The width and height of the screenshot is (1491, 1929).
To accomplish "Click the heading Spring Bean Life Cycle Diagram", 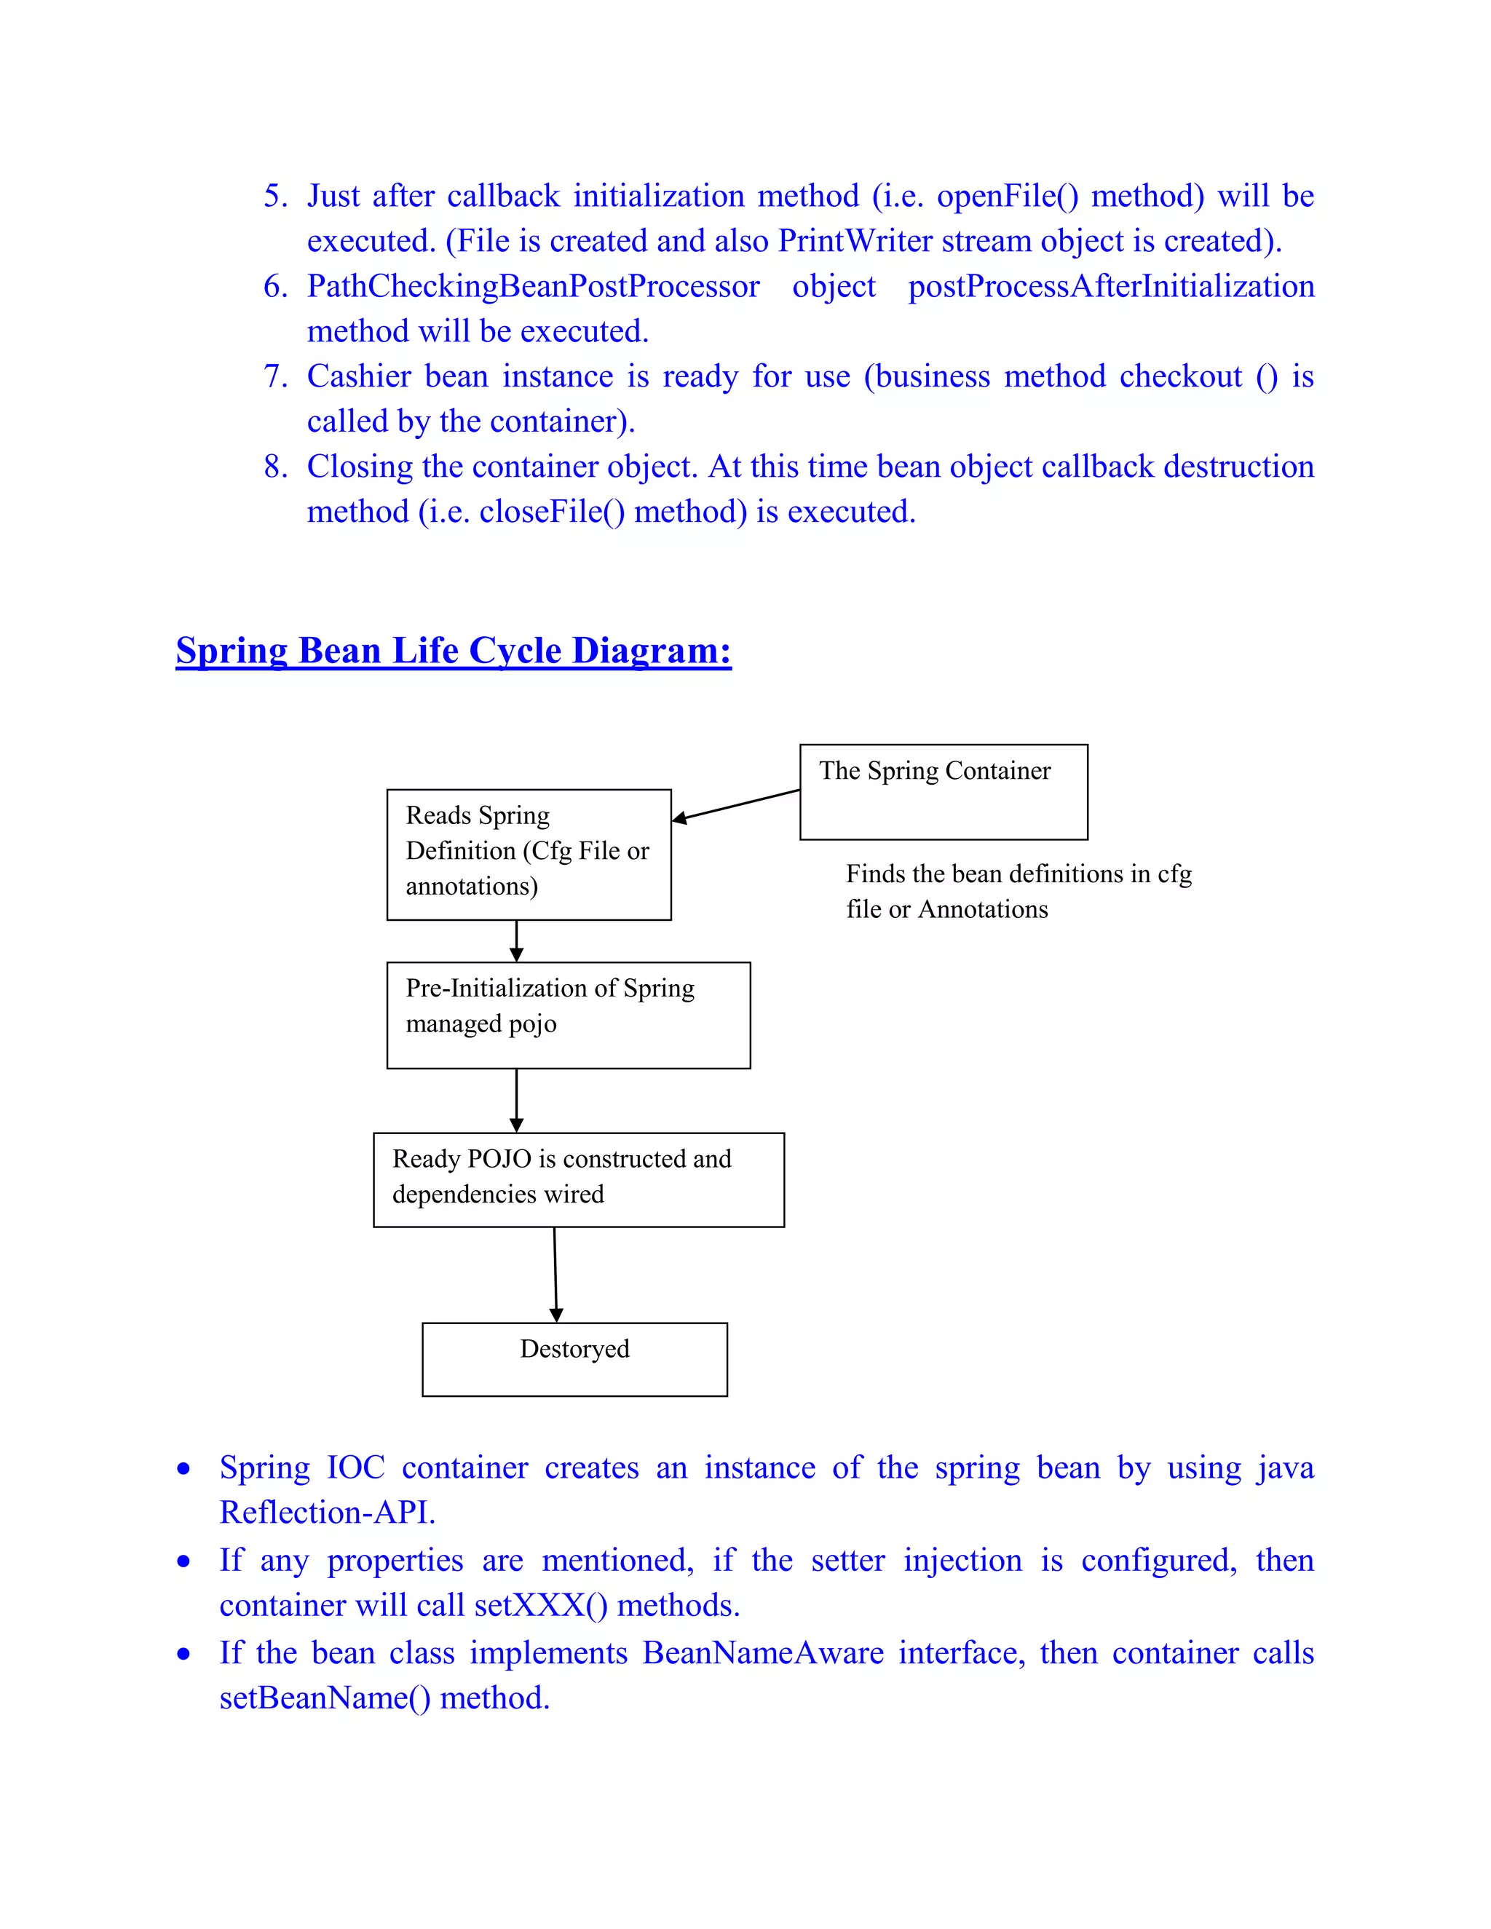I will (453, 651).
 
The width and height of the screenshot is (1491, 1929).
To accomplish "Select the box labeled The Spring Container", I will (943, 791).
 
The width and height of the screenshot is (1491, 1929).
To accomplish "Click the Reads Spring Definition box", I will (529, 853).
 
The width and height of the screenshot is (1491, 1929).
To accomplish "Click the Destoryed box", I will (574, 1358).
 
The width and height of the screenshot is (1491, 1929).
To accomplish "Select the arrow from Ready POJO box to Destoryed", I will (555, 1274).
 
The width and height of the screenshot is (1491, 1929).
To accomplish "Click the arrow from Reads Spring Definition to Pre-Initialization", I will (517, 940).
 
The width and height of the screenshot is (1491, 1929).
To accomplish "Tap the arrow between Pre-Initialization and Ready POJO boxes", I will (517, 1100).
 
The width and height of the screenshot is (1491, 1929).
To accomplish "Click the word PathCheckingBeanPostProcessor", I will (533, 286).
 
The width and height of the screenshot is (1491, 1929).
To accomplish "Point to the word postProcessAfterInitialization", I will (1111, 286).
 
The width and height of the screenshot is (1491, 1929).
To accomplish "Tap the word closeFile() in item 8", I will (552, 512).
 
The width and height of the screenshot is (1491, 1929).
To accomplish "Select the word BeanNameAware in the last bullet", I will (762, 1652).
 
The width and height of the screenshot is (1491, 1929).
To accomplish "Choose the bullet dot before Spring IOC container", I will (183, 1469).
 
